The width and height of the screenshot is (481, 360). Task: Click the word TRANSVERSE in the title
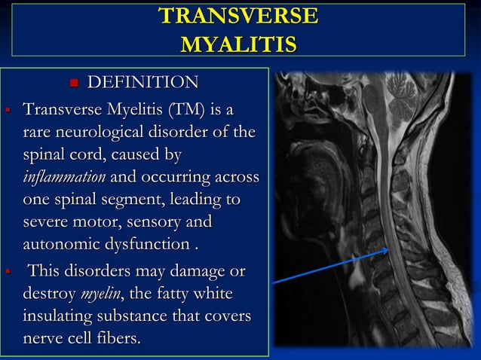[238, 17]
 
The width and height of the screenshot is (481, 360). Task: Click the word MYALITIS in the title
[238, 43]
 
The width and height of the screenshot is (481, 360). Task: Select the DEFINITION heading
[144, 82]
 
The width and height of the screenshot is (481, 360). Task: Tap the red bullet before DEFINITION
[74, 83]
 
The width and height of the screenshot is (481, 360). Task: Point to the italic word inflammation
[66, 178]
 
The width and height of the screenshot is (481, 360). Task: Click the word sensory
[174, 223]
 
